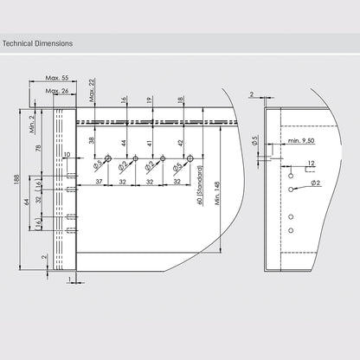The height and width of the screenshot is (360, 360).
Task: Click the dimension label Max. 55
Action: pyautogui.click(x=57, y=78)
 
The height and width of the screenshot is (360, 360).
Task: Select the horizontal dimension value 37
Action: pyautogui.click(x=100, y=181)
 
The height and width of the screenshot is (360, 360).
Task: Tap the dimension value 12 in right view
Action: pyautogui.click(x=311, y=162)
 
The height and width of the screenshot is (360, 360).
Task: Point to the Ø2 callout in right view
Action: pyautogui.click(x=317, y=183)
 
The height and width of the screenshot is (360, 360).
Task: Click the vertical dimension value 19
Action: pyautogui.click(x=150, y=100)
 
